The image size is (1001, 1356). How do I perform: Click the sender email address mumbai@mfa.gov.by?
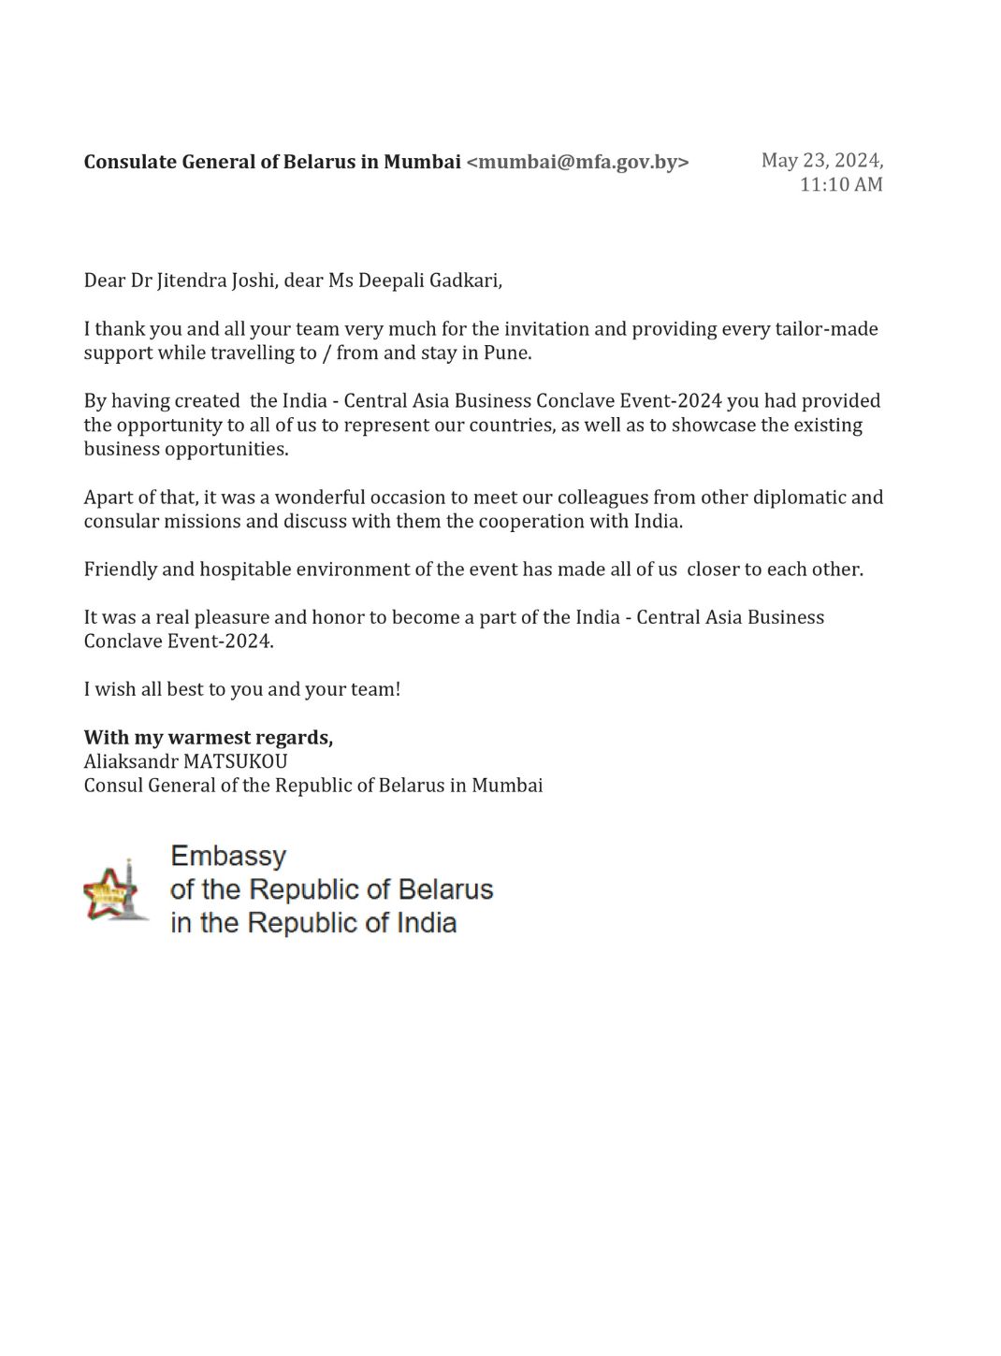point(577,162)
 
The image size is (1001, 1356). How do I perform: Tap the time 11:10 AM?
point(840,184)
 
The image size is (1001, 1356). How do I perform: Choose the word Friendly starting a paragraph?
point(119,570)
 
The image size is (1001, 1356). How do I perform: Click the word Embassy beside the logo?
point(228,856)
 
